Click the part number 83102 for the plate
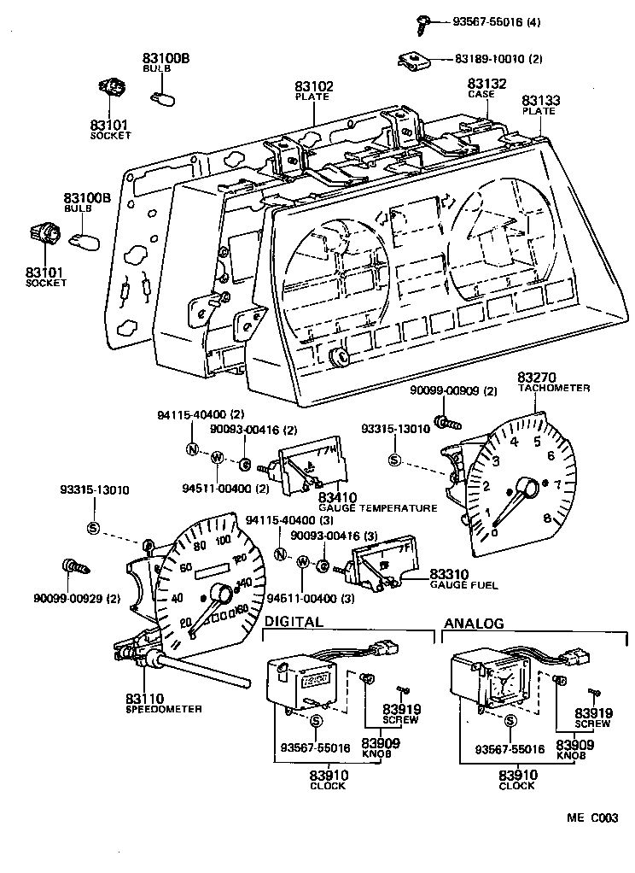(314, 86)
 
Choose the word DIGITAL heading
(294, 622)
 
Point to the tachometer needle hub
(527, 489)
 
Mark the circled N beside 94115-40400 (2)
(193, 449)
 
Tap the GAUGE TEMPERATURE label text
(376, 507)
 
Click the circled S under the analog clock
(510, 723)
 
